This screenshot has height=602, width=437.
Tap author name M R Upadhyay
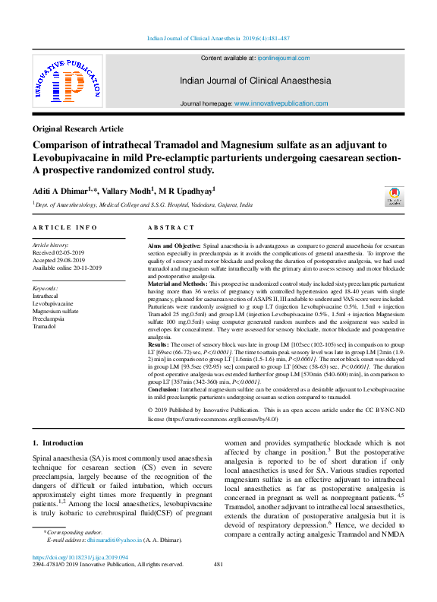point(187,190)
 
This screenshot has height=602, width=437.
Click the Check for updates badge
point(395,198)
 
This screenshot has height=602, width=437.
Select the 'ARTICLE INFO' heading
point(64,227)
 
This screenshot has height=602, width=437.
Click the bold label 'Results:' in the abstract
point(159,345)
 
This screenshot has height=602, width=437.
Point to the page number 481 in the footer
point(218,564)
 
